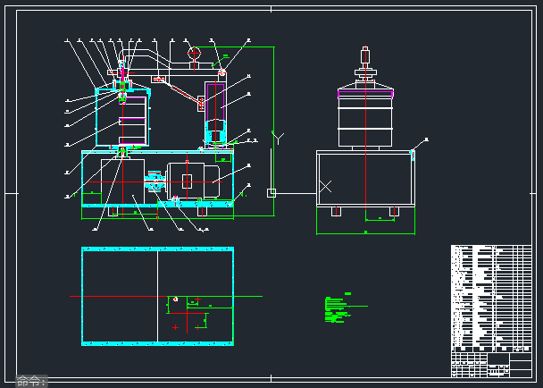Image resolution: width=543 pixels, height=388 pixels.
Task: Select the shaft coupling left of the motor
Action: [155, 181]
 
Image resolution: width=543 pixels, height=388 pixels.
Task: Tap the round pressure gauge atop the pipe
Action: [194, 53]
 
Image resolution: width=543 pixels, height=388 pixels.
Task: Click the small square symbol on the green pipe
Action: [271, 192]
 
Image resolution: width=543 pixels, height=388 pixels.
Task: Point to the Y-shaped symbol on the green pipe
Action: [278, 138]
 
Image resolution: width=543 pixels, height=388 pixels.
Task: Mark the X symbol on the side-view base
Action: [327, 186]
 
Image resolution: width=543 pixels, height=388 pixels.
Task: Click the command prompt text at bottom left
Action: [31, 381]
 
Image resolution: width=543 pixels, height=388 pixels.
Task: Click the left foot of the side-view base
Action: [335, 211]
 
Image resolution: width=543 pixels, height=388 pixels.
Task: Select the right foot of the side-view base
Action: [394, 211]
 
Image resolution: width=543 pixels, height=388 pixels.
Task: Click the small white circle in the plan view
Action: [176, 299]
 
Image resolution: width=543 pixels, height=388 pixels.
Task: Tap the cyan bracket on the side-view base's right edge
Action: [413, 154]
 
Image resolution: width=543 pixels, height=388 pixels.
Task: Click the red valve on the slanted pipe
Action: [159, 80]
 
